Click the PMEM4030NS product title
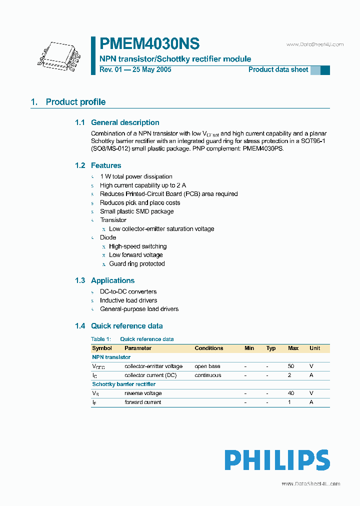click(149, 44)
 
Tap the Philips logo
click(276, 460)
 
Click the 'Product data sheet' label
click(278, 69)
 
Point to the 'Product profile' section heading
click(75, 102)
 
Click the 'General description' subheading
click(125, 122)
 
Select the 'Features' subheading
click(106, 165)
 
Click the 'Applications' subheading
click(112, 280)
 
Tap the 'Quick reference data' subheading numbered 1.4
click(126, 326)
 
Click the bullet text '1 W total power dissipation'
click(136, 176)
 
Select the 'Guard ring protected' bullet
click(136, 263)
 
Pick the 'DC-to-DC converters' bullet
click(128, 291)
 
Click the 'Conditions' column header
click(209, 348)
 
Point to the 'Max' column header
click(293, 348)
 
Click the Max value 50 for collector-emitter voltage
click(291, 366)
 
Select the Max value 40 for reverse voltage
click(291, 393)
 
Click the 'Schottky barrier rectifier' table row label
click(123, 384)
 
